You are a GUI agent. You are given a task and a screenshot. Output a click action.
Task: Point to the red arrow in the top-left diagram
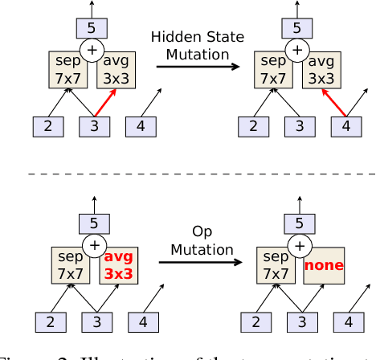point(103,103)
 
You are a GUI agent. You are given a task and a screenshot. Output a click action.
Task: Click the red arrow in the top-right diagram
point(333,103)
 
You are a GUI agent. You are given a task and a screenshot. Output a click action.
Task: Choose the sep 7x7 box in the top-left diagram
point(68,69)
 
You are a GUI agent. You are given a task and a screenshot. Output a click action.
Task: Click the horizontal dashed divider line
point(188,174)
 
